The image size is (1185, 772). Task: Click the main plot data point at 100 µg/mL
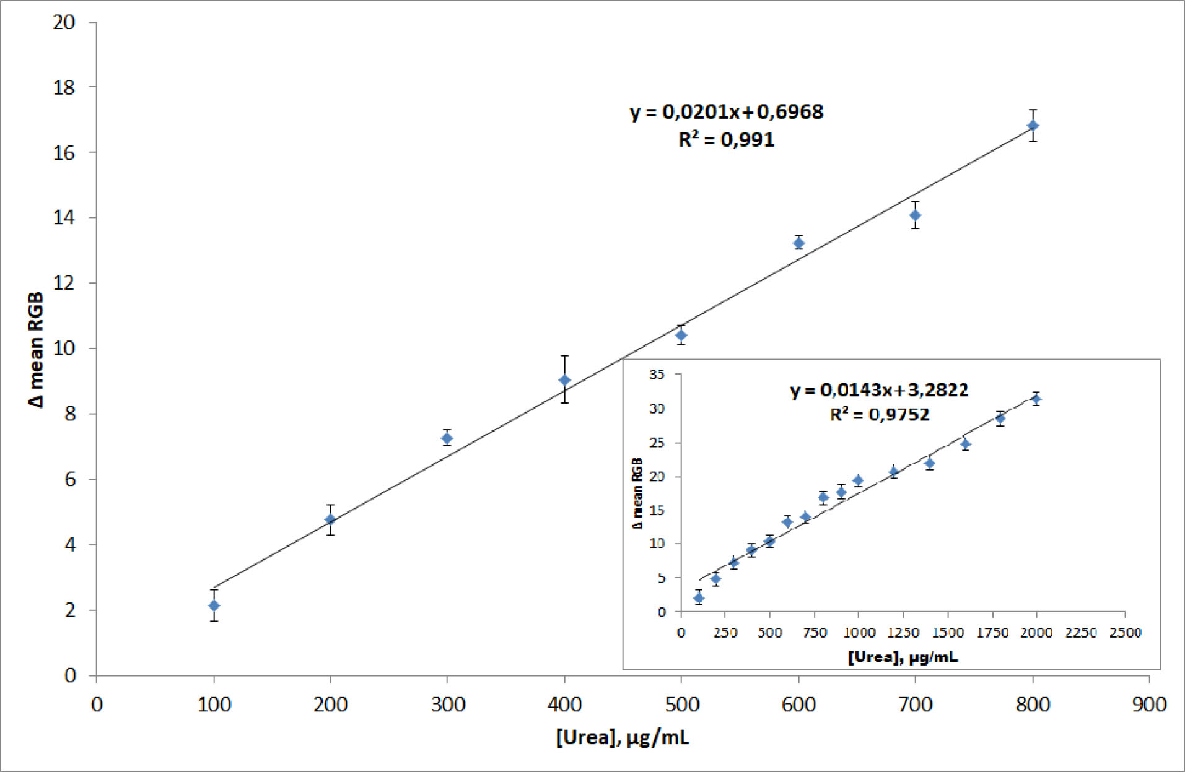coord(214,605)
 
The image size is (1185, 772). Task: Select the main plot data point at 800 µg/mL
coord(1033,126)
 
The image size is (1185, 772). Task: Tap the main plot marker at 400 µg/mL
coord(564,380)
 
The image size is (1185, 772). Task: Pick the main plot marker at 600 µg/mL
coord(798,243)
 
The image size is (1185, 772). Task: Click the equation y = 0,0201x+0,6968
coord(727,112)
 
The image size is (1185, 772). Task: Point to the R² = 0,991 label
coord(727,140)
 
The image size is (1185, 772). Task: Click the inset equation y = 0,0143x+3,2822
coord(879,390)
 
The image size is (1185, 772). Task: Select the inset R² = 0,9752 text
coord(879,414)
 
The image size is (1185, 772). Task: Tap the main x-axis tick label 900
coord(1149,705)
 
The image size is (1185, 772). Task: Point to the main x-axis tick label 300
coord(447,705)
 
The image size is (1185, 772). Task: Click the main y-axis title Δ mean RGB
coord(37,350)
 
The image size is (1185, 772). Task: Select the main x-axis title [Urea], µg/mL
coord(622,738)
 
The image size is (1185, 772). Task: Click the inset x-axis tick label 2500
coord(1125,633)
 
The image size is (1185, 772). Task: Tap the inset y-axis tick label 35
coord(657,375)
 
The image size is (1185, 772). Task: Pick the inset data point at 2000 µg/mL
coord(1036,399)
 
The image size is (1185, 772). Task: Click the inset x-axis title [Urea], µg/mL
coord(903,657)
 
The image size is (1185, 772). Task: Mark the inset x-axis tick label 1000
coord(859,633)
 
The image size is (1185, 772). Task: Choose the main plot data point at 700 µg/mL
coord(915,215)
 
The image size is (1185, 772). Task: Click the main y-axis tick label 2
coord(69,610)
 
